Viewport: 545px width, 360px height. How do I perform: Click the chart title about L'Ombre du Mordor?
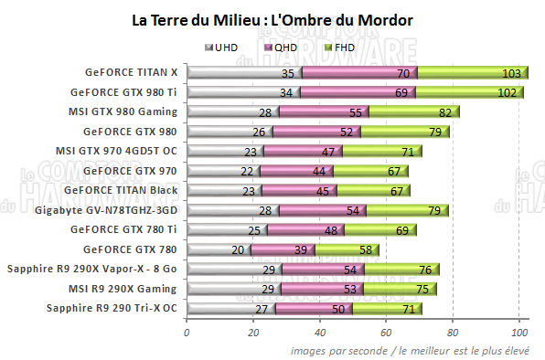[272, 18]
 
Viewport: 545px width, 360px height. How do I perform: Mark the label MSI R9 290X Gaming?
[126, 288]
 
